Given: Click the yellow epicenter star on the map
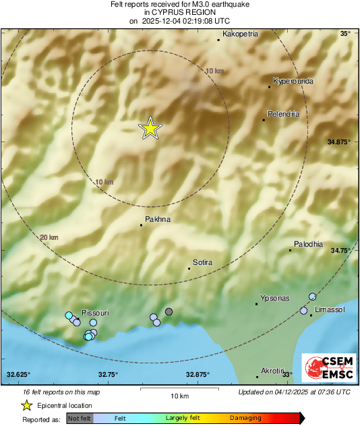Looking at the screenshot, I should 150,128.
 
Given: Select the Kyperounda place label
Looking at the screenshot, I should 293,80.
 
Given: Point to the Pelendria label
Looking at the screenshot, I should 283,113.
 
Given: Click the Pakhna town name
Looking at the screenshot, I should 158,219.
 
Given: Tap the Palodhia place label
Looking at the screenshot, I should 308,244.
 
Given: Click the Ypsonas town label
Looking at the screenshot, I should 275,297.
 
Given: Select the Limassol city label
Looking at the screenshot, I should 330,308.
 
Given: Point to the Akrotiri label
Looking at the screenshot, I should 272,371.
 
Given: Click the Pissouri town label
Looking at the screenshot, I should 95,313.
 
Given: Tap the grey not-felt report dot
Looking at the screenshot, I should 169,311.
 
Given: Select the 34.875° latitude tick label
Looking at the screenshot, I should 339,142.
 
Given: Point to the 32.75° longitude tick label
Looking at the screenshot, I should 108,374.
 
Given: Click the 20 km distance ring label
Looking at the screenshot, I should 49,237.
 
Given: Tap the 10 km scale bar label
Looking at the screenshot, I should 179,394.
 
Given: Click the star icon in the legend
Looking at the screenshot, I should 27,405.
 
